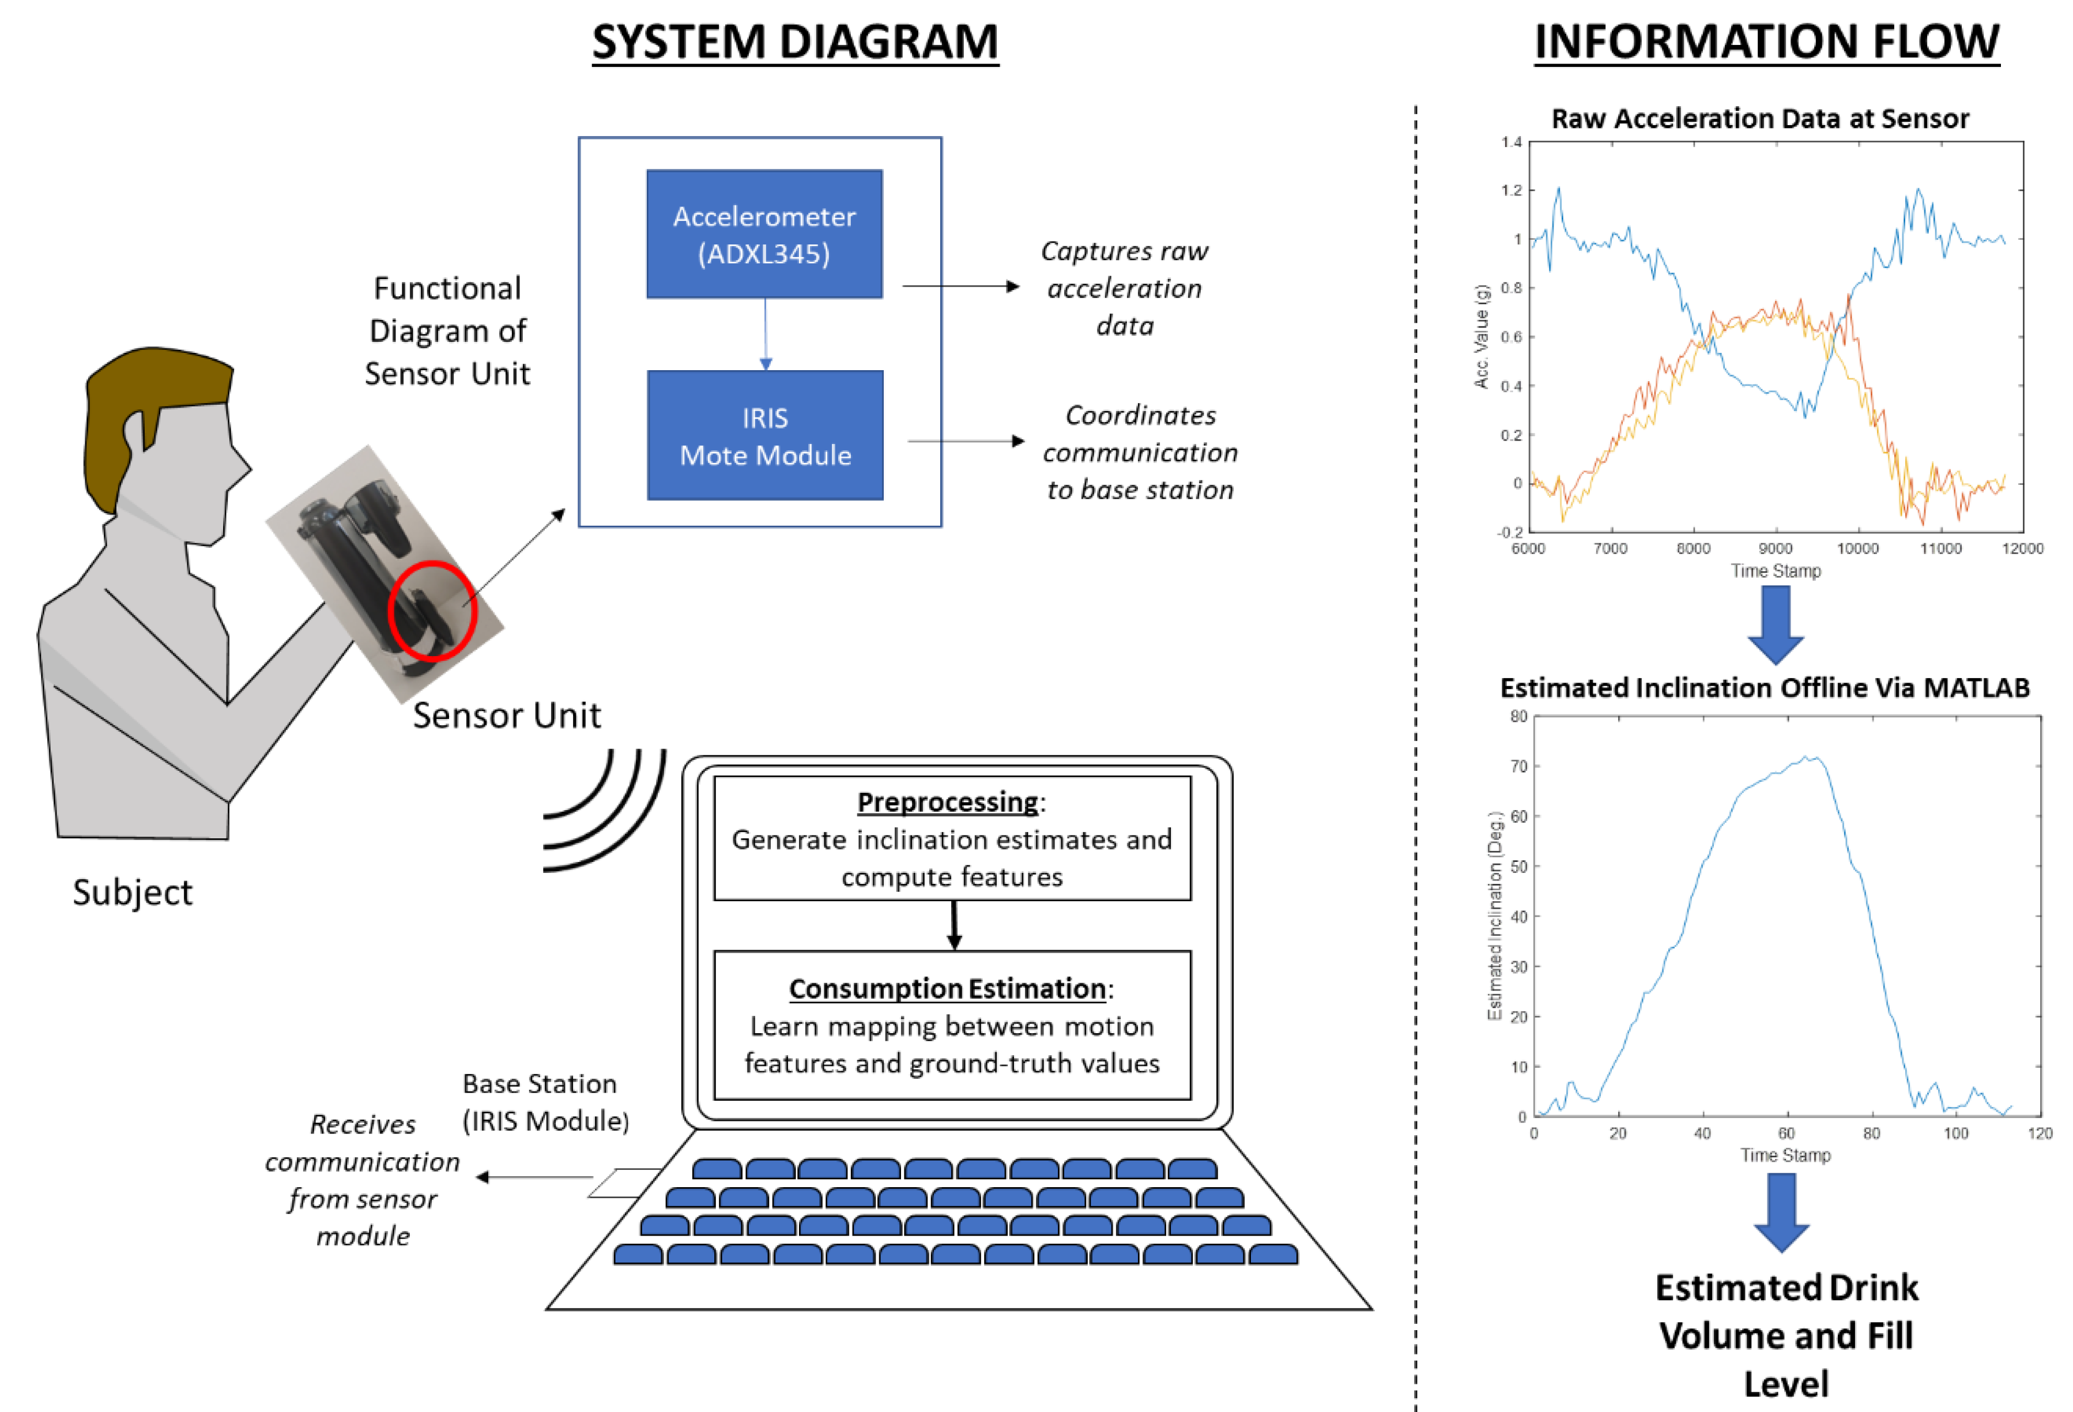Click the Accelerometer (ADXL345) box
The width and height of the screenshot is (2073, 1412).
[x=764, y=234]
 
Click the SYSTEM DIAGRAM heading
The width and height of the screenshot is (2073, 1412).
[x=795, y=42]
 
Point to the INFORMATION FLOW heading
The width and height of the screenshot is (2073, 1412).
[x=1766, y=42]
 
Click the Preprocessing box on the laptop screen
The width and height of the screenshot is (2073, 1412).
[x=952, y=838]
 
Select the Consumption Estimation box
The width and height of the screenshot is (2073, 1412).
[x=952, y=1025]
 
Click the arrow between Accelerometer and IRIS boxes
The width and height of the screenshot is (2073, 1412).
[x=766, y=334]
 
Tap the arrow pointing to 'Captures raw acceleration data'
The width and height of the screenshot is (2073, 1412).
[x=960, y=287]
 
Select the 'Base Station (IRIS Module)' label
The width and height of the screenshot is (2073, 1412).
[x=545, y=1102]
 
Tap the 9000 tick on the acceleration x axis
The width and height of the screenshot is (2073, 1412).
[x=1775, y=548]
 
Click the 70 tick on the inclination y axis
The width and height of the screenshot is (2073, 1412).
[x=1518, y=766]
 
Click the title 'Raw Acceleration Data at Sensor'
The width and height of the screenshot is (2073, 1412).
[x=1760, y=119]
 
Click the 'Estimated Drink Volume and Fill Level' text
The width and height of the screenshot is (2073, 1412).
[x=1786, y=1335]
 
